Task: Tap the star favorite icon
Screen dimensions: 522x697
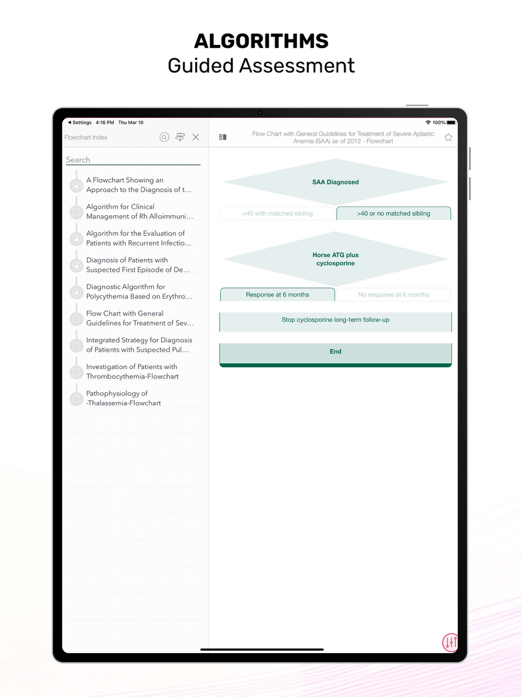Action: click(x=448, y=137)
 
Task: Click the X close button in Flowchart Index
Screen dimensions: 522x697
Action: click(x=196, y=137)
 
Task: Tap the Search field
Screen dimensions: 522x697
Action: click(x=133, y=160)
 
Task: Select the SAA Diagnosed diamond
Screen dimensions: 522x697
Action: click(x=336, y=182)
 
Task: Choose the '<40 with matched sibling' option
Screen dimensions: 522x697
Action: click(x=278, y=213)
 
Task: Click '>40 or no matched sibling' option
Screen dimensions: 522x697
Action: click(x=394, y=213)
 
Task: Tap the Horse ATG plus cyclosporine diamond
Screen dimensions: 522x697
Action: click(x=336, y=259)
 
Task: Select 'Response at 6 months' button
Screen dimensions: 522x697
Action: click(x=278, y=295)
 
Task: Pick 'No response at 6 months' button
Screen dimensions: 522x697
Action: click(x=394, y=295)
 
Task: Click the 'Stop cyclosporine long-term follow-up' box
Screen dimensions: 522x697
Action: click(x=336, y=322)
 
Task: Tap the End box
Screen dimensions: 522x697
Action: click(x=336, y=355)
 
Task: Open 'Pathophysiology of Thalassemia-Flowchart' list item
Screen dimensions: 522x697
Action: click(x=123, y=398)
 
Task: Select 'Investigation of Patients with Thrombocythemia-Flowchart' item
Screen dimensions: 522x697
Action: click(x=132, y=371)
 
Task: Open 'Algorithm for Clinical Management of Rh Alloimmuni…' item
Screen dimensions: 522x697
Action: click(x=139, y=212)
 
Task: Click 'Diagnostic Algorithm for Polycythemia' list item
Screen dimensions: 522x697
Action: click(x=139, y=292)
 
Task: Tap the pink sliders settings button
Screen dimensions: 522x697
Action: click(x=450, y=642)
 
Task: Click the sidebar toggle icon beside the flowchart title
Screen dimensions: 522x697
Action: click(x=222, y=137)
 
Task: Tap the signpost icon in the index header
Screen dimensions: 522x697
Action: click(x=180, y=137)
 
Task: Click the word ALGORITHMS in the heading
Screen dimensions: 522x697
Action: click(x=262, y=41)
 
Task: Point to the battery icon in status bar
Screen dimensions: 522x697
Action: click(x=452, y=123)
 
